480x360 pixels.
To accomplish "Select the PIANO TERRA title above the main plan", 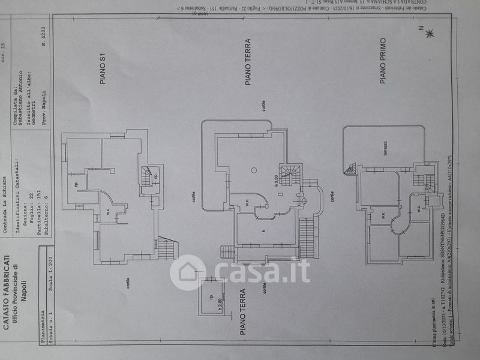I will click(x=247, y=62).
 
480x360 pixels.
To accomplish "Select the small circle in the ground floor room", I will click(x=254, y=170).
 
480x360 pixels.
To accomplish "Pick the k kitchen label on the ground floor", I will click(x=263, y=230).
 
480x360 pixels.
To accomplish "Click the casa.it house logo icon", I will click(x=188, y=272).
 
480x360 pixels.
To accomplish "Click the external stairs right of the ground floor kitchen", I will click(x=307, y=236).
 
